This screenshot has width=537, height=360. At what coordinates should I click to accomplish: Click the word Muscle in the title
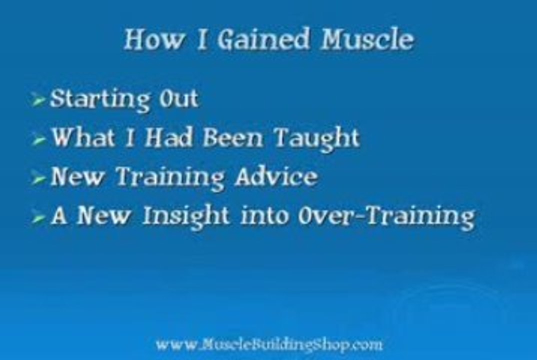coord(367,39)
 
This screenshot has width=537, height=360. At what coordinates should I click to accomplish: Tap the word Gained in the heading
coord(264,39)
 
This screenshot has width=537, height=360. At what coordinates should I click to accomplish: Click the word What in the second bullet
coord(82,137)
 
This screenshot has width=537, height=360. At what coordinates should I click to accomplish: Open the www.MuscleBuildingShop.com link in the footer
coord(269,344)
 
